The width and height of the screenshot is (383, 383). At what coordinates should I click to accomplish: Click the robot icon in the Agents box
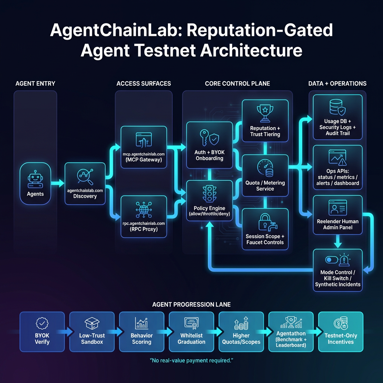(35, 179)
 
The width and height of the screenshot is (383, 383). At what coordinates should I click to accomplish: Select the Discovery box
(85, 183)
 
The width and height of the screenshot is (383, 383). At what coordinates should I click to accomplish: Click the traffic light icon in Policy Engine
(209, 194)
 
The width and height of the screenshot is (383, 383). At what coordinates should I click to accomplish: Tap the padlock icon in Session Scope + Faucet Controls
(265, 223)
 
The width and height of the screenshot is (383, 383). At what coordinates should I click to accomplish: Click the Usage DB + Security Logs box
(337, 116)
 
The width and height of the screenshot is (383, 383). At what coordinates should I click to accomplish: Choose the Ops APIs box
(337, 167)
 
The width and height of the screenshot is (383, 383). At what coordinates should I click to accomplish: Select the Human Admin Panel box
(337, 215)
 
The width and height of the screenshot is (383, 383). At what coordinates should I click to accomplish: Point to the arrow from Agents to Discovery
(57, 183)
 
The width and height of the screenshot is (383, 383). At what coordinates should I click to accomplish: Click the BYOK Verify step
(42, 331)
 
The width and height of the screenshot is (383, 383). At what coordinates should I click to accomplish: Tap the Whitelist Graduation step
(191, 331)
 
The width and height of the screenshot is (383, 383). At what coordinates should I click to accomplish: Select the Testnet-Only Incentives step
(340, 331)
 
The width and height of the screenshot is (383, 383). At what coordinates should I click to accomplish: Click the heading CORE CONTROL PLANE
(237, 83)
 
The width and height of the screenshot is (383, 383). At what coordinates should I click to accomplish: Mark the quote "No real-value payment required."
(191, 361)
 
